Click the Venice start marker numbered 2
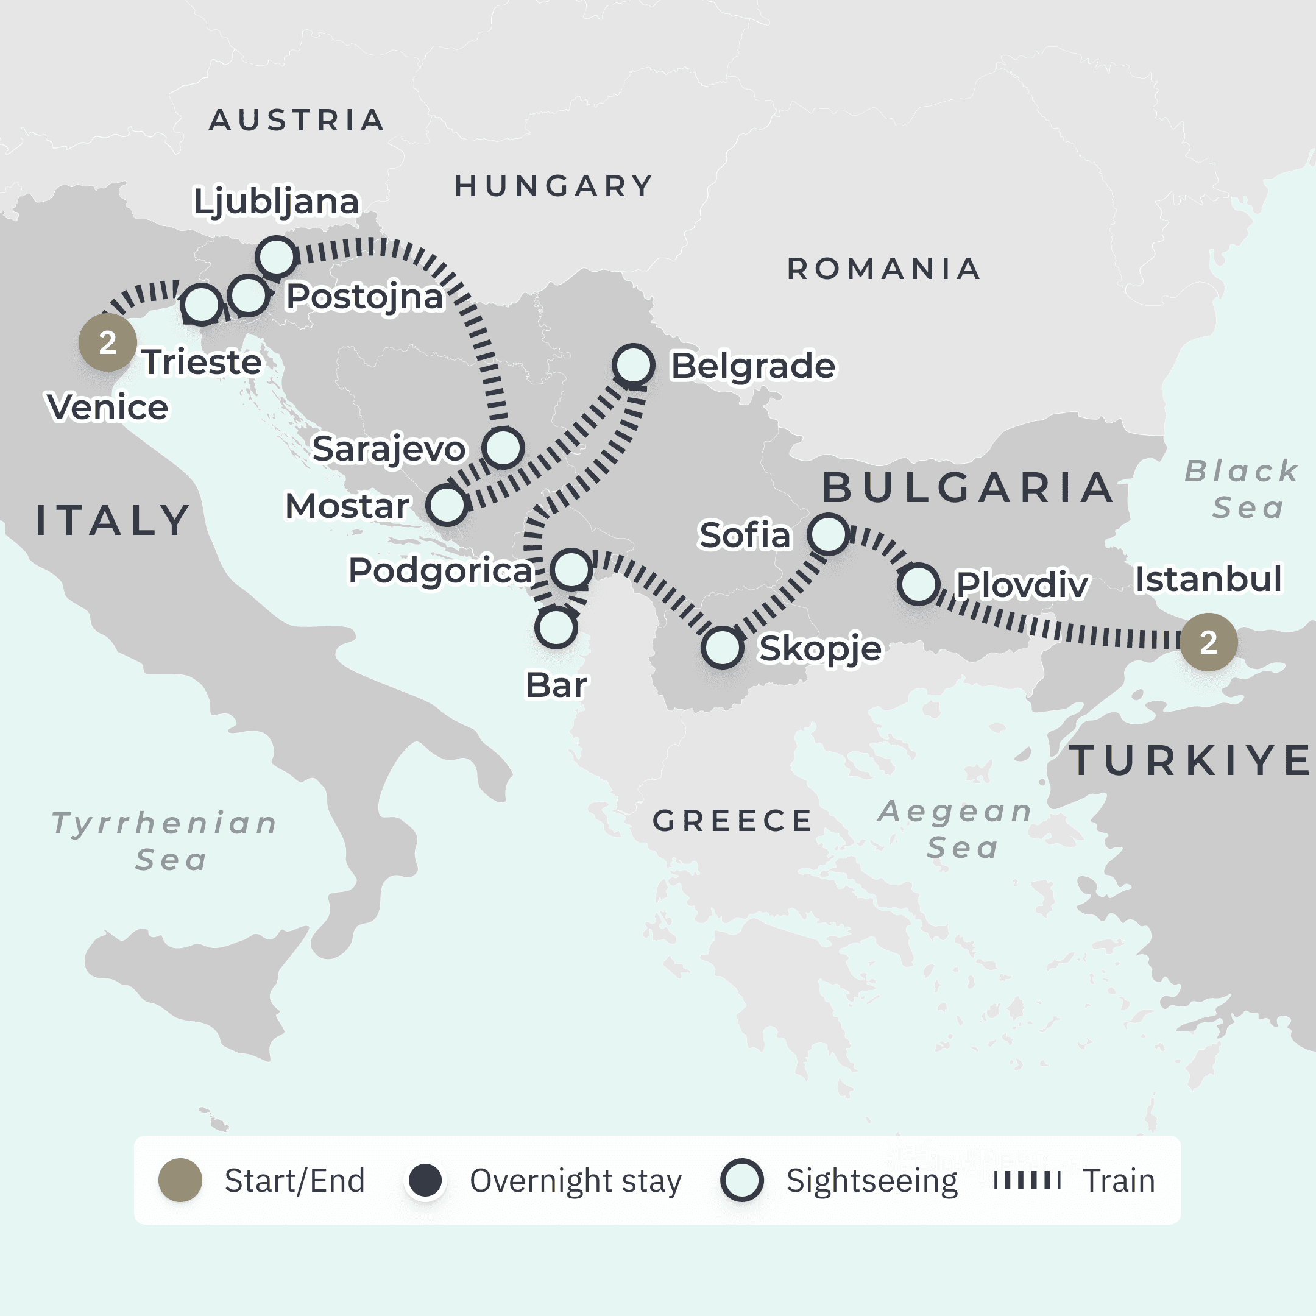pyautogui.click(x=108, y=342)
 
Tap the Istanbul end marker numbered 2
pyautogui.click(x=1208, y=642)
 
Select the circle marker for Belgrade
pyautogui.click(x=634, y=364)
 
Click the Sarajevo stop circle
pyautogui.click(x=503, y=448)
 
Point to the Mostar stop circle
pyautogui.click(x=447, y=504)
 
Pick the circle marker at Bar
pyautogui.click(x=556, y=628)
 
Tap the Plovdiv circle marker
pyautogui.click(x=918, y=584)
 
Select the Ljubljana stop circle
pyautogui.click(x=276, y=256)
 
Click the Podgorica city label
pyautogui.click(x=440, y=570)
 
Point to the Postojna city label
pyautogui.click(x=364, y=297)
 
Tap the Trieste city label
pyautogui.click(x=202, y=362)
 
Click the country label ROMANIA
pyautogui.click(x=883, y=269)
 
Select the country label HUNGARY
pyautogui.click(x=554, y=186)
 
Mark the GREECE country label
pyautogui.click(x=733, y=821)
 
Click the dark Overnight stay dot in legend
pyautogui.click(x=425, y=1180)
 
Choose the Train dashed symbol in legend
pyautogui.click(x=1027, y=1180)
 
